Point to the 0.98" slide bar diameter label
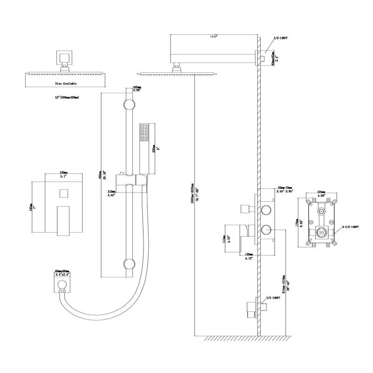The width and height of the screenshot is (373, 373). (138, 90)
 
